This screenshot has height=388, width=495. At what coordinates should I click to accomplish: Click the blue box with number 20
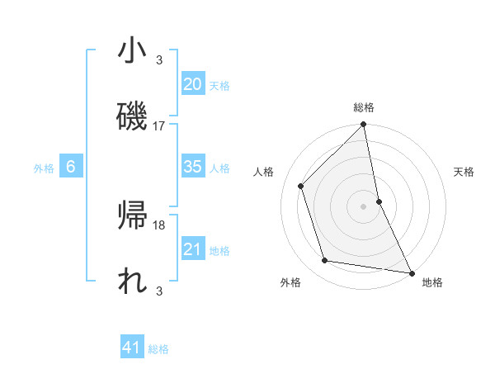pos(192,83)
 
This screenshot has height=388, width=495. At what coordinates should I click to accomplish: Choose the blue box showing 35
pos(192,167)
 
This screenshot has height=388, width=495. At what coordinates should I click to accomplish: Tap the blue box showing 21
pos(192,249)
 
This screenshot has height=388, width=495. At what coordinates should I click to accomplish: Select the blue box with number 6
pos(71,167)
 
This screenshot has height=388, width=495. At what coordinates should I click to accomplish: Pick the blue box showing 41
pos(132,348)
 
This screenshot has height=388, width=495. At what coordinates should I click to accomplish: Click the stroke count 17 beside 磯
pos(159,126)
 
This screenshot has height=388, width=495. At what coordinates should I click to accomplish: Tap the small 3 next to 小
pos(159,59)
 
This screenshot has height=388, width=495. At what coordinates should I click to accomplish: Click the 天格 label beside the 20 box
pos(219,85)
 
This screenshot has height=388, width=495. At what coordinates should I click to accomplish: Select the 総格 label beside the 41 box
pos(158,349)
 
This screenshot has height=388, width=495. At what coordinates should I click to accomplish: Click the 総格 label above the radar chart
pos(364,107)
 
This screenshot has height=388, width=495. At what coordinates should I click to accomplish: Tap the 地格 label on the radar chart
pos(432,282)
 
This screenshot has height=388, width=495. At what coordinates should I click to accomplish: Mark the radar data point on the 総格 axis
pos(364,125)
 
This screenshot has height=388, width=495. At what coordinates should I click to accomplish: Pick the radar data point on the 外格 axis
pos(326,261)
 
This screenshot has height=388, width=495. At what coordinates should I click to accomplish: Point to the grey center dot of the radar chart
pos(364,206)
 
